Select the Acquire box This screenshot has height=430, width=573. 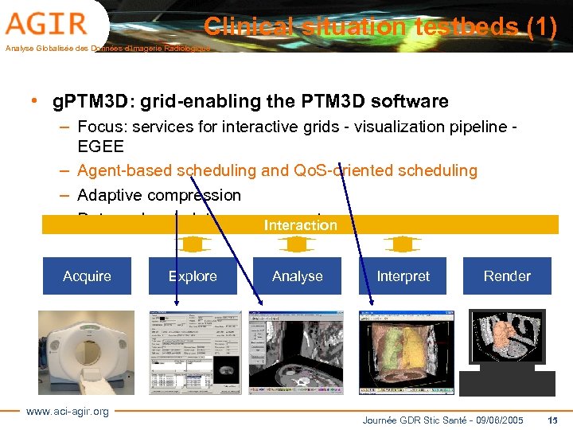[87, 276]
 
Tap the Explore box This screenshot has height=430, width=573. [193, 276]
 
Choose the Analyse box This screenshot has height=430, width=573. [298, 276]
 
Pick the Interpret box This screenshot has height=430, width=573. [403, 276]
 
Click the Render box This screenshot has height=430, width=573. [507, 276]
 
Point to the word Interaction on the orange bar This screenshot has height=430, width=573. [301, 225]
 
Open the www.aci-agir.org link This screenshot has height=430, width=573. [68, 411]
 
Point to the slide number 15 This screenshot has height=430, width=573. [554, 420]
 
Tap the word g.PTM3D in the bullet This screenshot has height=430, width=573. [87, 102]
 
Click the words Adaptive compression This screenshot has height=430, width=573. [159, 195]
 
